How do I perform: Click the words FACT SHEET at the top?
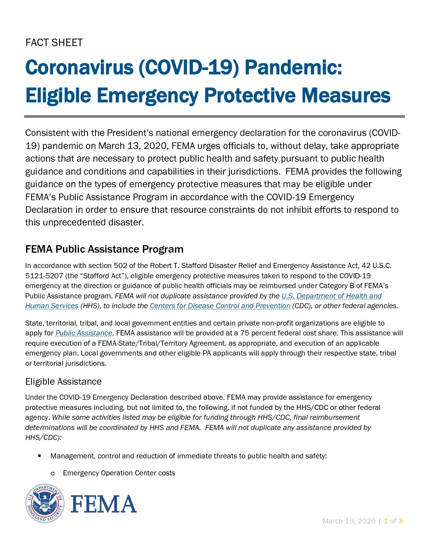point(54,43)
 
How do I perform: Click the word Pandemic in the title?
point(293,67)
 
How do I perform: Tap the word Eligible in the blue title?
point(58,96)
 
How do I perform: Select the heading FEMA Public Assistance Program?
point(104,249)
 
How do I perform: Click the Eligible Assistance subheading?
point(63,382)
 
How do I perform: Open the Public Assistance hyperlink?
point(84,333)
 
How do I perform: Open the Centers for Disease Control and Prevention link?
point(220,306)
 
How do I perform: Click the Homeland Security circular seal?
point(45,503)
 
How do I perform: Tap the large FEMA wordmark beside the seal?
point(103,504)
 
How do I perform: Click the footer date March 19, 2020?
point(349,521)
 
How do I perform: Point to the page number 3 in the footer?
point(400,521)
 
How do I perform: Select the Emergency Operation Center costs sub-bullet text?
point(119,473)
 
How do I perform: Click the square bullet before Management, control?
point(39,456)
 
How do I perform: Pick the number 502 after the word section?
point(120,266)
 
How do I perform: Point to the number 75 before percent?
point(244,333)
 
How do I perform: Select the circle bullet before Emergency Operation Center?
point(52,473)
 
